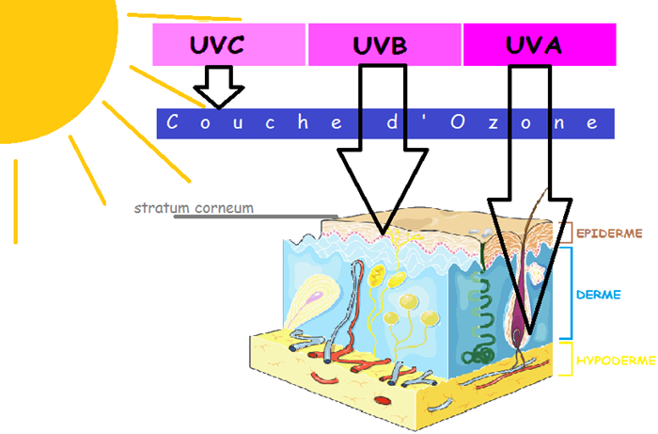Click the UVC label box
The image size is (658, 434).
coord(229,44)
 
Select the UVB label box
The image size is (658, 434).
coord(384,44)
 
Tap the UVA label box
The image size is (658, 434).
coord(540,44)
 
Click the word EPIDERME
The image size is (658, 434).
coord(607,230)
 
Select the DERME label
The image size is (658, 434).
coord(598,295)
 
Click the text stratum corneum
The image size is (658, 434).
coord(194,208)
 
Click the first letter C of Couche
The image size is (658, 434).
coord(172,122)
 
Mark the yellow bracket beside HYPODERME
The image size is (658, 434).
coord(567,360)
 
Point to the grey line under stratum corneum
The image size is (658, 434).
coord(254,216)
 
